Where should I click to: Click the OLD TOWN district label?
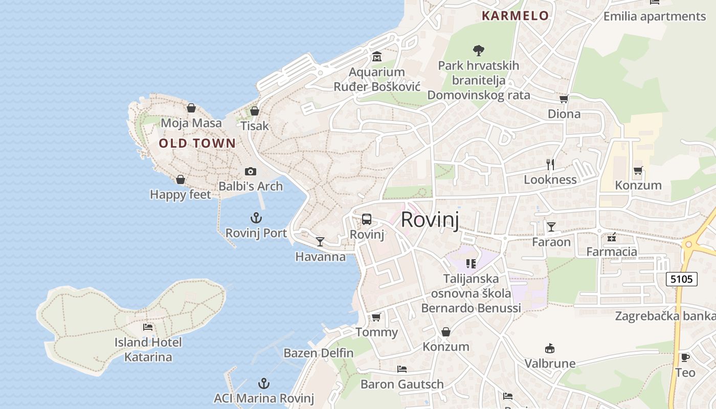(197, 144)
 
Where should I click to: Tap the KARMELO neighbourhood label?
(515, 16)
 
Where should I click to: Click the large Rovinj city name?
(430, 219)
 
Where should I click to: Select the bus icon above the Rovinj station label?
(367, 219)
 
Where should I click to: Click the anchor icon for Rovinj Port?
(256, 218)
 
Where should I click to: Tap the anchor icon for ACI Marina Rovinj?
(263, 383)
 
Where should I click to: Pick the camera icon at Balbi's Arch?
(250, 171)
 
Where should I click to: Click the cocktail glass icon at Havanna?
(320, 241)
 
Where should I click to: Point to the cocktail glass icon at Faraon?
(551, 226)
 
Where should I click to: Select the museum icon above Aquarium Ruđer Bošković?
(377, 57)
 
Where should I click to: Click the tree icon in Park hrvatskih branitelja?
(478, 50)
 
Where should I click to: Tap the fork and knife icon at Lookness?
(550, 164)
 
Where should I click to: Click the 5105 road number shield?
(682, 279)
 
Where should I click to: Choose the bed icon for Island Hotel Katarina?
(148, 327)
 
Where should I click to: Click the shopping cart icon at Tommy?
(376, 317)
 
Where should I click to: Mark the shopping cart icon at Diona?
(564, 99)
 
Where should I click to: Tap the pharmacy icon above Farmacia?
(612, 237)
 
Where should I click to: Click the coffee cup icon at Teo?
(685, 357)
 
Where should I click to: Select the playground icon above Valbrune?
(550, 348)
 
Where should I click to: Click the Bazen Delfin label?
(319, 353)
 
